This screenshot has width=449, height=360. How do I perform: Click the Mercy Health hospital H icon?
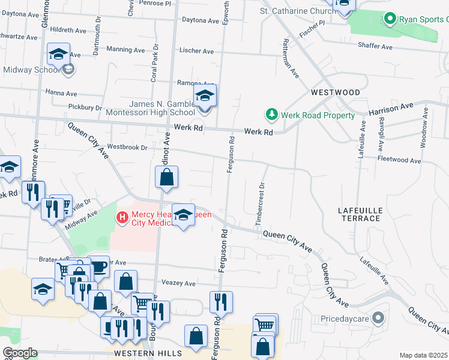pos(122,216)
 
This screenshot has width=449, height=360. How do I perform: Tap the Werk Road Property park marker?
pos(271,115)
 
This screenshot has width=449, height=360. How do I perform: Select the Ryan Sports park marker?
pos(390,20)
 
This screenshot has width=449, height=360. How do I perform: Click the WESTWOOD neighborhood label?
pos(336,92)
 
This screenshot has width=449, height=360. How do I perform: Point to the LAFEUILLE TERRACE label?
pos(359,214)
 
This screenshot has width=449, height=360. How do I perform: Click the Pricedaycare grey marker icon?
pos(378,317)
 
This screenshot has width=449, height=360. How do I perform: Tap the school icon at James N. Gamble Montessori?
pos(205,96)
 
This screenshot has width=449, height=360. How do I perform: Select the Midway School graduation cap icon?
pos(59,55)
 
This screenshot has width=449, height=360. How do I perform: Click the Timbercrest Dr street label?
pos(260,203)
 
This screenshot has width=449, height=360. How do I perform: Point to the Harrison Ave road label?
pos(391,109)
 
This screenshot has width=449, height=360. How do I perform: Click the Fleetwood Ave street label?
pos(399,160)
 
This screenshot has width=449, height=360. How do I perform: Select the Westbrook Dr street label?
pos(127,147)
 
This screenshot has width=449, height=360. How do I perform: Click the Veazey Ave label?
pos(178,283)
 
